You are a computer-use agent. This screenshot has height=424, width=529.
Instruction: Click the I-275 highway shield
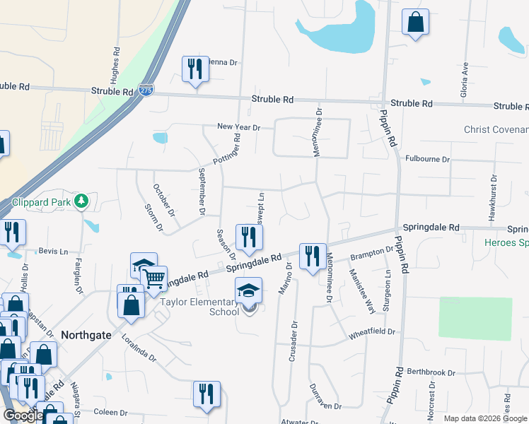click(146, 90)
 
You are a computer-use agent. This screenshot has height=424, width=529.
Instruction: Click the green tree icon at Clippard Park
click(82, 201)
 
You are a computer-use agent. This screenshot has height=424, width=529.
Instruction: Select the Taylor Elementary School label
click(199, 306)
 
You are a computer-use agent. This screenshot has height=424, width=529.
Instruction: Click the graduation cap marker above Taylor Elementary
click(248, 290)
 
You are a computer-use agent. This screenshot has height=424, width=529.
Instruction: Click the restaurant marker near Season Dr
click(248, 237)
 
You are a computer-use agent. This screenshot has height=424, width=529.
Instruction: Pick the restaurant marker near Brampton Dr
click(313, 257)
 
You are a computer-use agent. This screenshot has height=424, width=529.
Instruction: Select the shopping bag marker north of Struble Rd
click(416, 22)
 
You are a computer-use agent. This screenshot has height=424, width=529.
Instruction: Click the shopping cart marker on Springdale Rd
click(154, 278)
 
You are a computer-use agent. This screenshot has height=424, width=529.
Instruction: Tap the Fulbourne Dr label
click(427, 159)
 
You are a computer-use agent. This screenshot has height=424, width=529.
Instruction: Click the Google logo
click(23, 416)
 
